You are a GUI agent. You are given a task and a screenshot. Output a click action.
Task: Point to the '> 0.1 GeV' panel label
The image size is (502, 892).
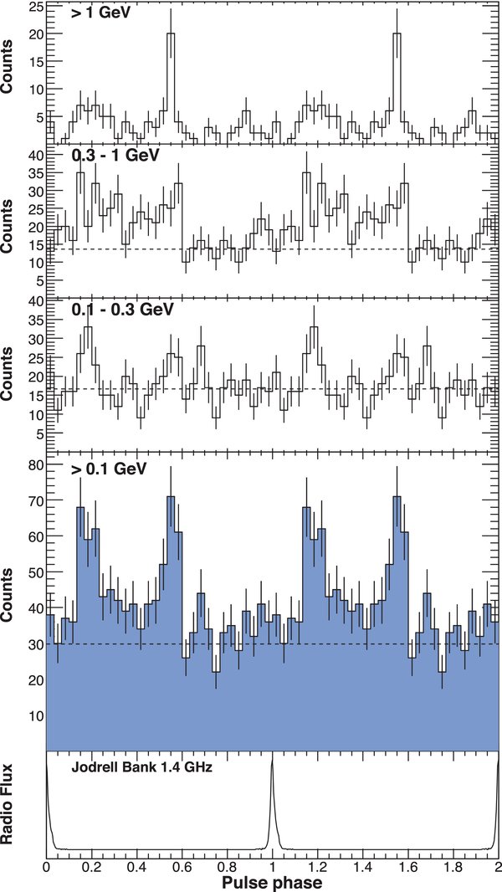(110, 469)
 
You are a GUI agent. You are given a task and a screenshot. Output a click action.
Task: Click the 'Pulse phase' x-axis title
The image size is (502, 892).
(273, 881)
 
